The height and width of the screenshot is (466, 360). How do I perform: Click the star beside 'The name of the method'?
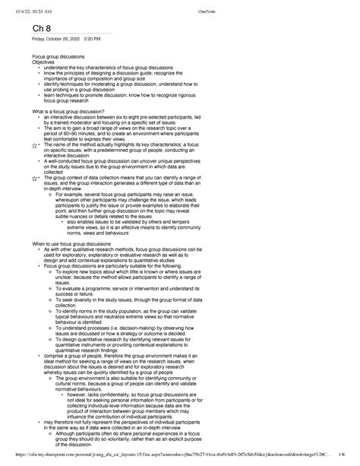[x=26, y=144]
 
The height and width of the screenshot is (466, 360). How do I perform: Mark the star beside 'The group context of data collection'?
[x=26, y=177]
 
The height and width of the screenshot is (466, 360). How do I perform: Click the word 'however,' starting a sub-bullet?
[x=81, y=394]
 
